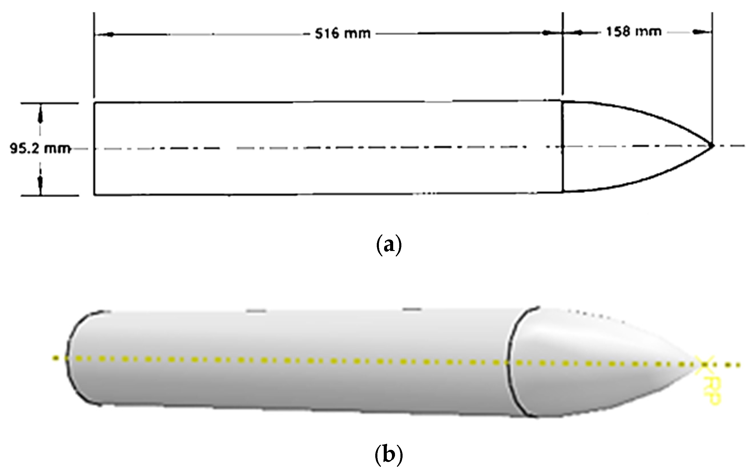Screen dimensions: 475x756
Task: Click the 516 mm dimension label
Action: point(343,33)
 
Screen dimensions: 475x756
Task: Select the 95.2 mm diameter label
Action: point(40,149)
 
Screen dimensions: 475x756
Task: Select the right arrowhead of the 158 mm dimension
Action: point(700,32)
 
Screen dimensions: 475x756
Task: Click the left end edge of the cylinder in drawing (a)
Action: point(94,149)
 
